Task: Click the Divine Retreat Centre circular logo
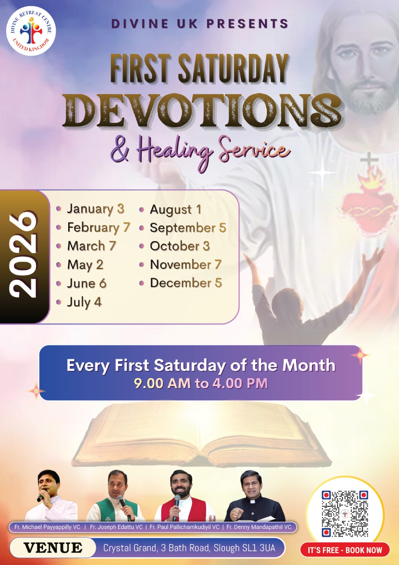point(31,31)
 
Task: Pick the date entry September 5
point(188,228)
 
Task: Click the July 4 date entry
point(84,302)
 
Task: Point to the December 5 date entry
point(186,283)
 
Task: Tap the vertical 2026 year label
point(23,255)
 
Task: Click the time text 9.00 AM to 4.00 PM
point(201,383)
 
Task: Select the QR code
point(345,514)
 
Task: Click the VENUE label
point(53,548)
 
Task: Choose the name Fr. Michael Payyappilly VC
point(47,527)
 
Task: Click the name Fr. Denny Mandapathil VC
point(259,527)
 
